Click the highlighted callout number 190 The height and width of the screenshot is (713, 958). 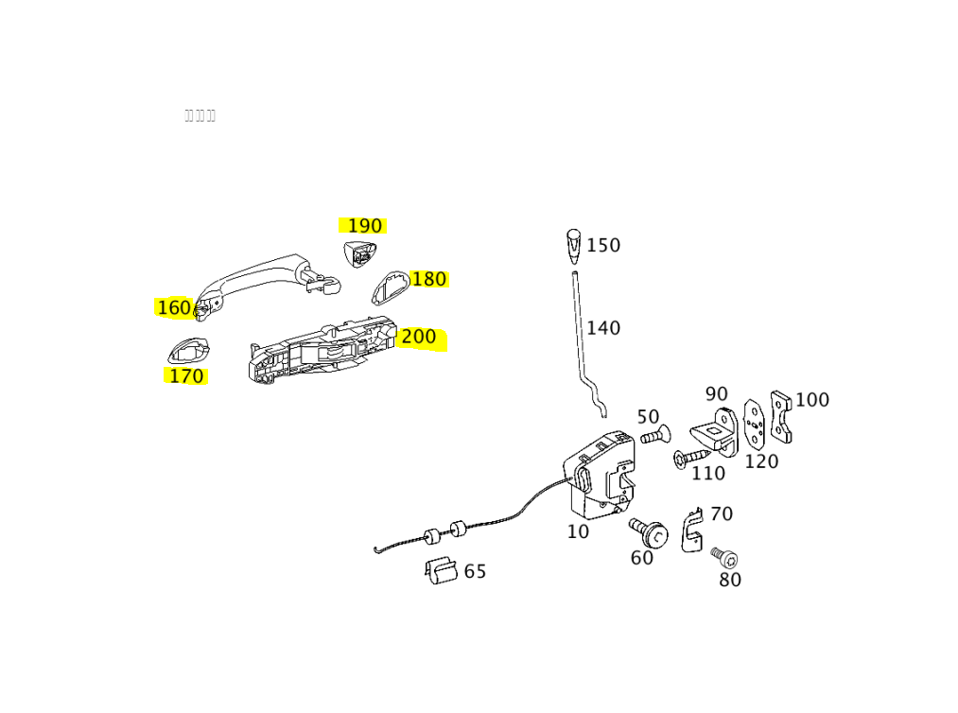point(364,226)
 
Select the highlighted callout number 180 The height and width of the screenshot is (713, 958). point(428,280)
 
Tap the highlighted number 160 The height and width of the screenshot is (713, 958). point(174,308)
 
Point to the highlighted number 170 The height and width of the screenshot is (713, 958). point(185,376)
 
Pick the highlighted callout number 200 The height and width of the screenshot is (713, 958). point(419,338)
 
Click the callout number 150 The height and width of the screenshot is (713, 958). point(603,246)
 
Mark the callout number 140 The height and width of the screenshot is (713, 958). point(603,329)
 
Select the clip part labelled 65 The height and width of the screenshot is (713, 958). point(441,570)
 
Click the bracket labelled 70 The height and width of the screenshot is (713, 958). point(692,530)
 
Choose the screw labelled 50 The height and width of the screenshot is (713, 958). point(654,436)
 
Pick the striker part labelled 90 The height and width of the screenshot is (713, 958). point(715,433)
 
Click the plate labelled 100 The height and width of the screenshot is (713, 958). point(780,416)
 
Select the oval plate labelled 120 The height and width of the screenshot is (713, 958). point(754,425)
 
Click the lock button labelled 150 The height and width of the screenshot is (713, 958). point(573,243)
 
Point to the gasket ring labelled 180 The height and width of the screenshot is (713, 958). point(389,287)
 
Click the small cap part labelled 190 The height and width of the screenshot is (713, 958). point(359,253)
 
